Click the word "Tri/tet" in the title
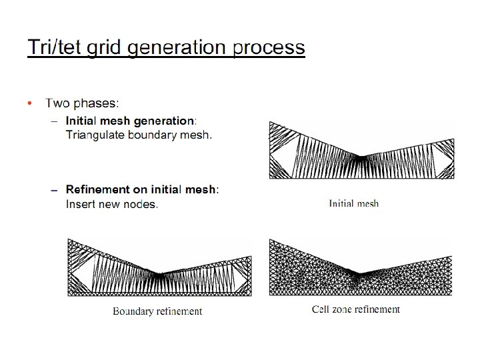tap(51, 48)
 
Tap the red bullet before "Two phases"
tap(29, 103)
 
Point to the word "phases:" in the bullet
tap(97, 103)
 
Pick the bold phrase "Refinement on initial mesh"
tap(141, 189)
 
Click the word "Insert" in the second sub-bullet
tap(81, 203)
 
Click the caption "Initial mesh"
tap(353, 203)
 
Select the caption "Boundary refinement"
tap(157, 311)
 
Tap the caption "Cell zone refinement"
tap(356, 309)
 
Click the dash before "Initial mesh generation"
tap(55, 121)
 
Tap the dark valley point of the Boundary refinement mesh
tap(159, 274)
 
